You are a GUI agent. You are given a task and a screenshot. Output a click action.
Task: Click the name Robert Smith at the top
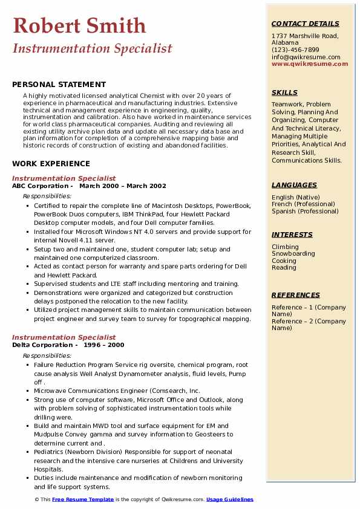point(79,25)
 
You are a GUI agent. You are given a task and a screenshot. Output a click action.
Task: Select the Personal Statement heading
point(59,85)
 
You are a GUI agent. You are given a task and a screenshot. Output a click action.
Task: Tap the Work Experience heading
point(51,164)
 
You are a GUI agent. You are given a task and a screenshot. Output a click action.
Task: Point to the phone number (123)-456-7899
point(295,50)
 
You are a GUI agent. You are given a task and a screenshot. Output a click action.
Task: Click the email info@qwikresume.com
point(306,57)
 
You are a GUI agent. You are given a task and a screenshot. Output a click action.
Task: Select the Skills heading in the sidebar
point(284,92)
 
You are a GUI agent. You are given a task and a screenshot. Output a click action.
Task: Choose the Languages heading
point(294,185)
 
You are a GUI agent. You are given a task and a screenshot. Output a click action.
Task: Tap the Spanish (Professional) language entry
point(305,211)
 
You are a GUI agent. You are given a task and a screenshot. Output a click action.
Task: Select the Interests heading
point(292,235)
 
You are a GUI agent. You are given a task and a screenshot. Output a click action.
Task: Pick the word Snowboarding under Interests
point(293,254)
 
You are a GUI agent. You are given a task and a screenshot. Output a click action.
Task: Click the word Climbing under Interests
point(285,247)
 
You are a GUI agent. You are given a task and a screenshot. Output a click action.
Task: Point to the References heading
point(296,295)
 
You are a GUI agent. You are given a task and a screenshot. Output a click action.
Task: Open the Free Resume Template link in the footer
point(83,499)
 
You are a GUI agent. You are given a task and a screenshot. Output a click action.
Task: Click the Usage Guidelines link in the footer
point(230,499)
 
